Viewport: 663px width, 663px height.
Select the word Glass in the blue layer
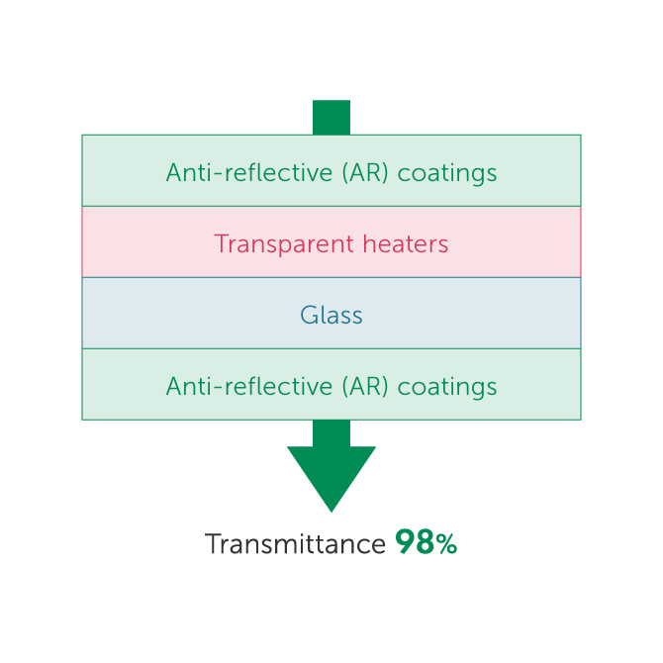(x=331, y=316)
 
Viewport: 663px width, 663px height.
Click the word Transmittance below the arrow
(x=295, y=544)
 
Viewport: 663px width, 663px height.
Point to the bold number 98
(x=414, y=542)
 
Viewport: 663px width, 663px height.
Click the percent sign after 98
(x=445, y=544)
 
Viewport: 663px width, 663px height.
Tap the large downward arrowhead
(x=331, y=475)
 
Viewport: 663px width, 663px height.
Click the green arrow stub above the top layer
(x=331, y=117)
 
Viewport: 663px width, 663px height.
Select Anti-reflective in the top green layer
(x=236, y=172)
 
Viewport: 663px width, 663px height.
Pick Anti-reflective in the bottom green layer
(x=236, y=386)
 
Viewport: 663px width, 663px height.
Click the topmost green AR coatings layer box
(x=119, y=170)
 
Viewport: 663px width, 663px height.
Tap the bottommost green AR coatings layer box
(x=119, y=385)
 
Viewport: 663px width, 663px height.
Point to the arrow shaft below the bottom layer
(x=331, y=432)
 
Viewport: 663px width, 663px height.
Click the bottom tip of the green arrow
(x=331, y=508)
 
